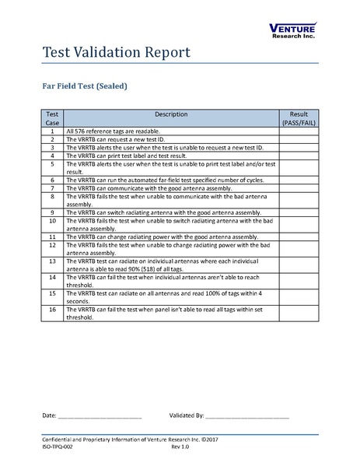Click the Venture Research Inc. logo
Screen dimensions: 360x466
(292, 30)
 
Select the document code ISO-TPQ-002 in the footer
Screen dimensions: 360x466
(58, 448)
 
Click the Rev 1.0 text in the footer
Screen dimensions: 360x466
(180, 448)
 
